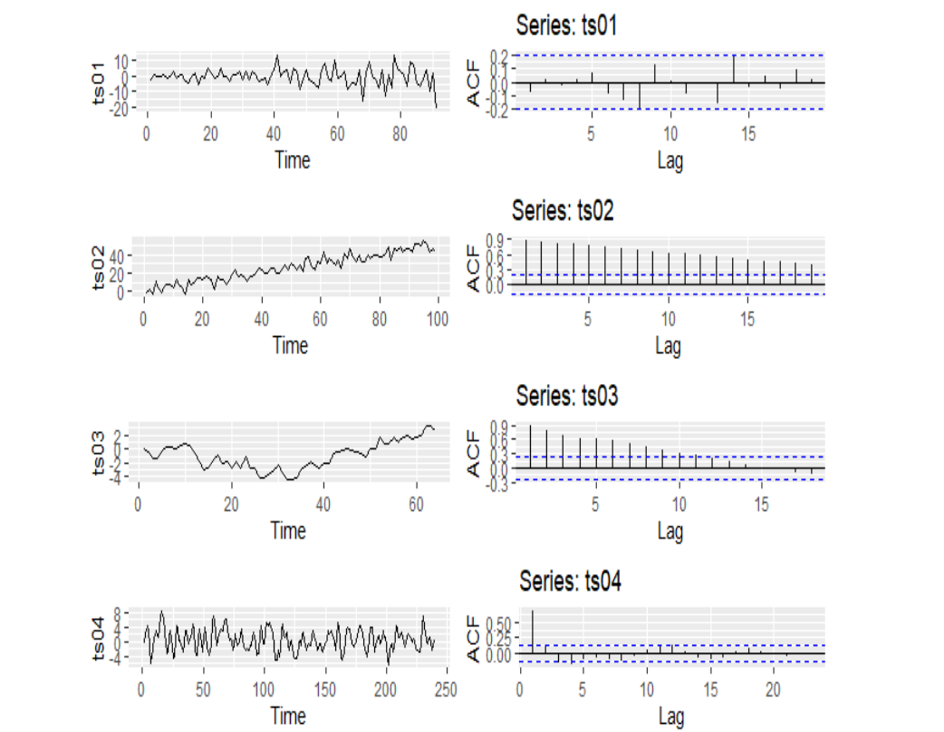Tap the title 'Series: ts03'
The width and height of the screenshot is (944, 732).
[x=568, y=395]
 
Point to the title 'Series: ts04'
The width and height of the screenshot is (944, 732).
[x=571, y=580]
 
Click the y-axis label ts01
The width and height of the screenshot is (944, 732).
[x=100, y=84]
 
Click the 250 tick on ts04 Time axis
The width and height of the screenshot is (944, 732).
[x=446, y=690]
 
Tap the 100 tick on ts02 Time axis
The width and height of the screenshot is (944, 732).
[x=438, y=321]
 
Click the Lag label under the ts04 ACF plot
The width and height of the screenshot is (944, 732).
[x=670, y=716]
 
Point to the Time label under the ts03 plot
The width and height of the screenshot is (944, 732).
[x=288, y=531]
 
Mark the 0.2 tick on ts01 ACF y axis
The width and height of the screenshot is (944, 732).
[x=500, y=56]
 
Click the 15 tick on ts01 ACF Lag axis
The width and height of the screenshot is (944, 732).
[x=748, y=135]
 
